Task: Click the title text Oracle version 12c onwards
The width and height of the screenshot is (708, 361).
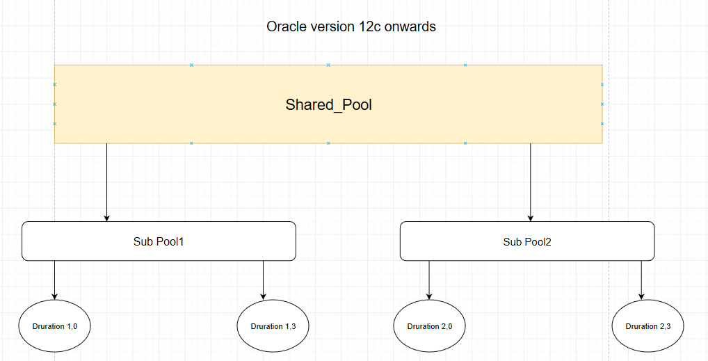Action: (351, 27)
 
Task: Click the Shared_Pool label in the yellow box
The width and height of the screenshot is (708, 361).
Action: (328, 105)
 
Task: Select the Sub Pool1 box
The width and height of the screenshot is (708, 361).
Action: (159, 241)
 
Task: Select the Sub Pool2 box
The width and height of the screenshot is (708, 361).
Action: (527, 241)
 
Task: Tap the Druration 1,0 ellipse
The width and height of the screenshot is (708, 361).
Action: (54, 326)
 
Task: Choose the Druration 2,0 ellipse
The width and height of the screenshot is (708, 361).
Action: (429, 326)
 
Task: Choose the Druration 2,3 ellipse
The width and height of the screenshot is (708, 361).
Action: (647, 326)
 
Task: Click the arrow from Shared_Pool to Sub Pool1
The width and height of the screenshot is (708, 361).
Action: (106, 181)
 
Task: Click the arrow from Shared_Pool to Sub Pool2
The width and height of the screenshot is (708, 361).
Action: (531, 181)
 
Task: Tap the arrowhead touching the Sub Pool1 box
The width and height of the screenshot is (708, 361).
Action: (106, 218)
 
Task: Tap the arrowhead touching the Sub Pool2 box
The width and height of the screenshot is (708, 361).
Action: (531, 218)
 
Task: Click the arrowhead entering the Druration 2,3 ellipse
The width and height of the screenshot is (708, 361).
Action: (641, 296)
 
